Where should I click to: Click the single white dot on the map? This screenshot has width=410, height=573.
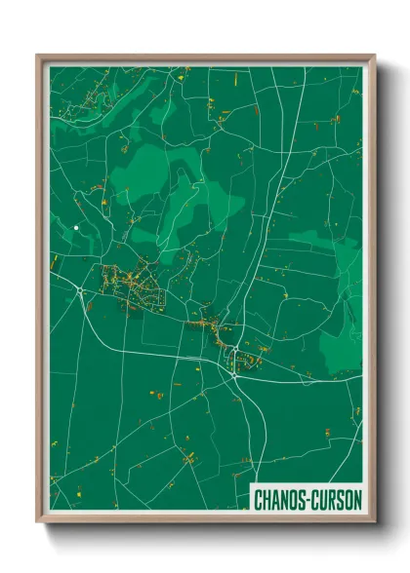click(x=76, y=228)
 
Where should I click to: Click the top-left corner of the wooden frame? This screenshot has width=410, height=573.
click(x=38, y=56)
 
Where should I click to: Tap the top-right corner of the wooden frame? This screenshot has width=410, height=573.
click(x=374, y=56)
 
